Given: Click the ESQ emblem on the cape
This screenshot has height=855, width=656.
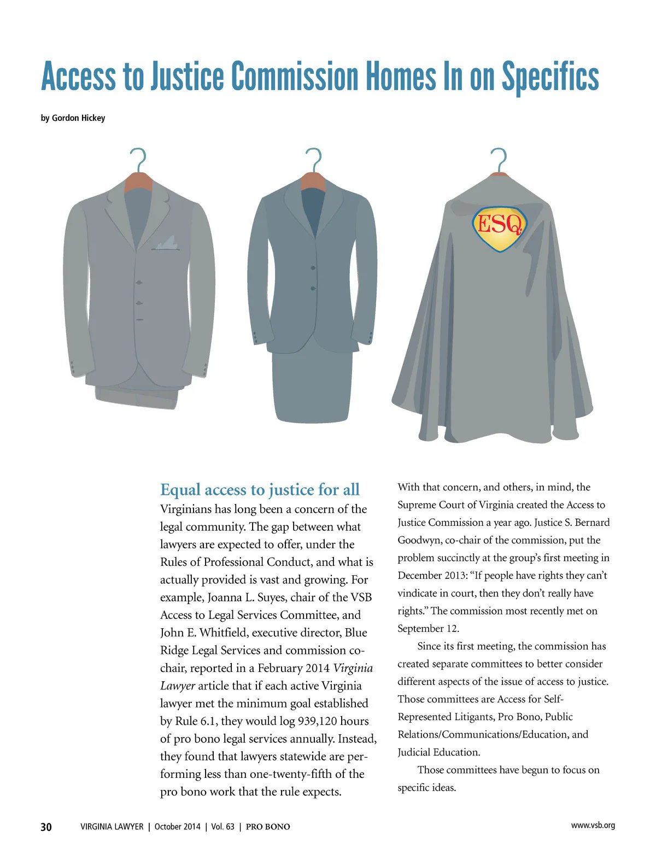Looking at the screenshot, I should (x=499, y=228).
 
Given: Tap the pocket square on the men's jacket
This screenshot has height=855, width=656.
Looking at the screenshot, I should (x=166, y=243).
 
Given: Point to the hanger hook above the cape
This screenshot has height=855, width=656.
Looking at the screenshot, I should (x=499, y=159).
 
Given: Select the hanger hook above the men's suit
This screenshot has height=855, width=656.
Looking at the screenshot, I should (x=139, y=159).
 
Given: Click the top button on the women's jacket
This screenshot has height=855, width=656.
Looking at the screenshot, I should (x=313, y=268).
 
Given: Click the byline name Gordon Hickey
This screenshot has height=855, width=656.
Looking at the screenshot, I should (x=78, y=118).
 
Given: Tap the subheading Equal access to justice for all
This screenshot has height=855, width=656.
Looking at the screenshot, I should (x=260, y=489).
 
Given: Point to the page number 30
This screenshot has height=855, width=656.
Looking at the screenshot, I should (x=46, y=827).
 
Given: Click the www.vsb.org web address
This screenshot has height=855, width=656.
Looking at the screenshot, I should (x=593, y=825).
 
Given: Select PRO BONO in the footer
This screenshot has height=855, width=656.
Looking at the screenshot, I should (x=268, y=827).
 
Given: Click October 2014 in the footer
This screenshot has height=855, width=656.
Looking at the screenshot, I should (x=177, y=827).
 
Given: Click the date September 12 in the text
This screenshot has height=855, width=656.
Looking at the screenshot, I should (x=427, y=629).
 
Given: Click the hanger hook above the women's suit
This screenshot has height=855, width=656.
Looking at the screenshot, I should (x=314, y=159).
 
